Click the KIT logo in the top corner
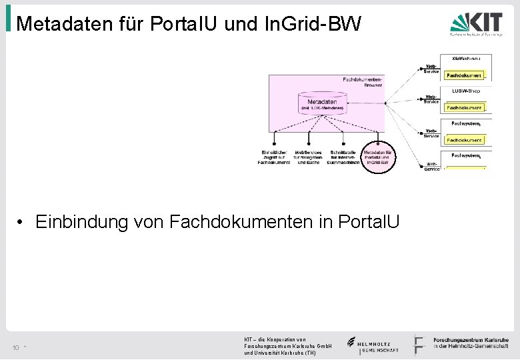(x=475, y=26)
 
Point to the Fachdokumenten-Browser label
(x=363, y=82)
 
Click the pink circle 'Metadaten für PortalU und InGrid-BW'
(x=378, y=157)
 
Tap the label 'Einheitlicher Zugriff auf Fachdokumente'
(x=274, y=157)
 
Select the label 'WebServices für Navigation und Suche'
(x=308, y=157)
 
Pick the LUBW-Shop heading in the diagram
(x=466, y=91)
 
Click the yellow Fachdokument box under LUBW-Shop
(x=465, y=107)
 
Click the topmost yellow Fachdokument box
(x=465, y=75)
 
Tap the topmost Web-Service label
(x=431, y=68)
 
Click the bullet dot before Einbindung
(x=22, y=222)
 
